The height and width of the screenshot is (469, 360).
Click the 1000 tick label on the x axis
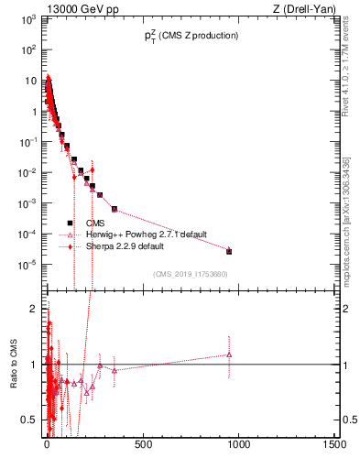[239, 445]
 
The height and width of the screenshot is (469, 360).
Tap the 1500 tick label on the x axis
[335, 445]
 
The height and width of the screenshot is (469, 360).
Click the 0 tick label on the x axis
[47, 445]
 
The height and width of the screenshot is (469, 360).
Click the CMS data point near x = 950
[229, 251]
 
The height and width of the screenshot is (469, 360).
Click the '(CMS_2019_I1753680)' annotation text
[190, 273]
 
